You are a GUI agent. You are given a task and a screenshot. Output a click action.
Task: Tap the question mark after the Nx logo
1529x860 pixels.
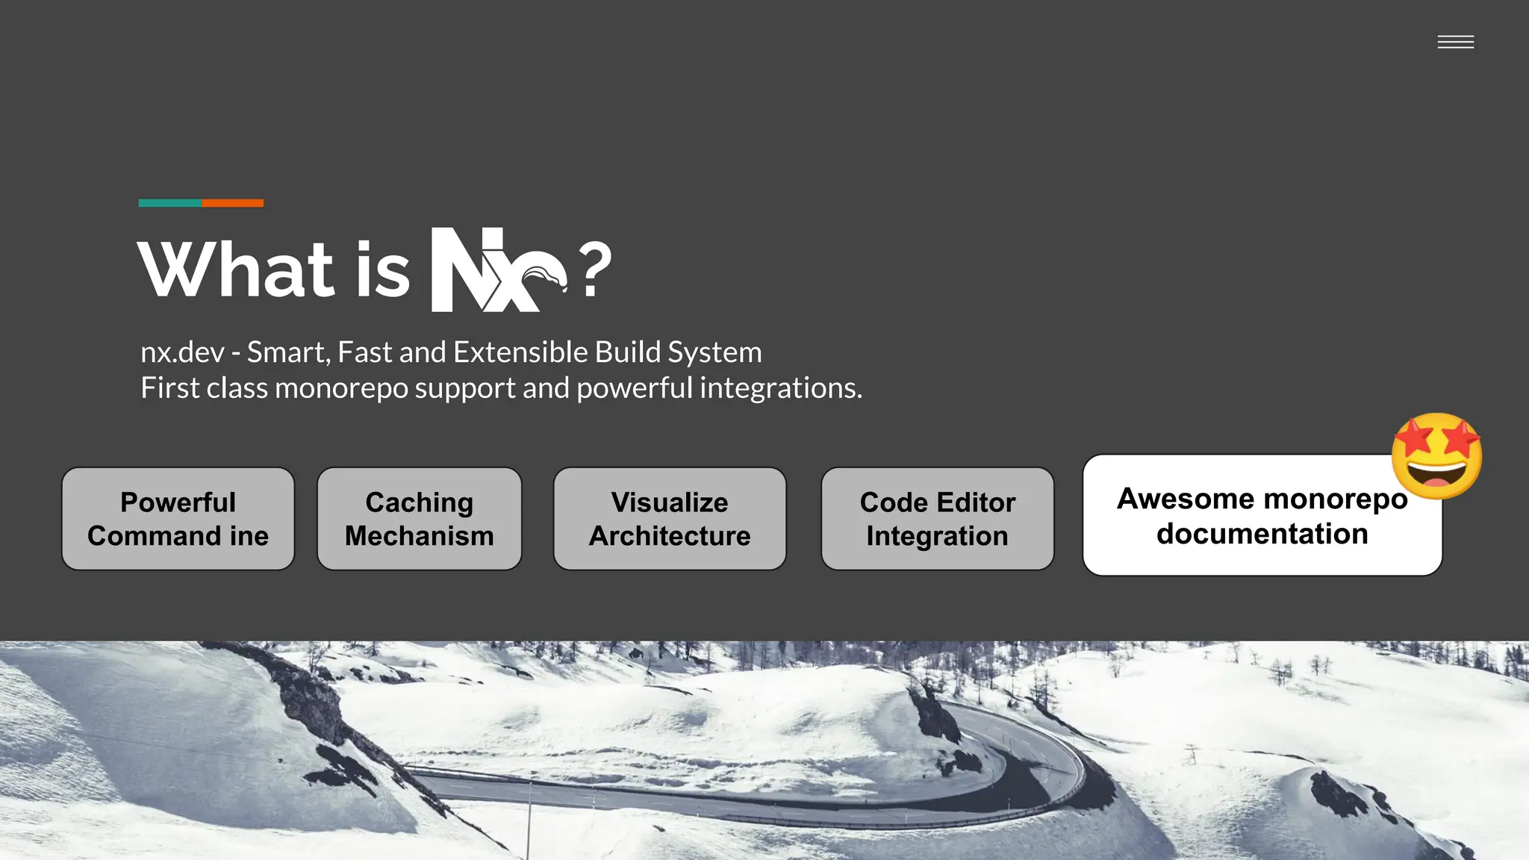pos(595,269)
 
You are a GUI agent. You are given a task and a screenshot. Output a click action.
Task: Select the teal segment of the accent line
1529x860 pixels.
pos(170,203)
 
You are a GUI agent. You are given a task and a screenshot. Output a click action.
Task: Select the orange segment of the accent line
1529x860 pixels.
pos(232,203)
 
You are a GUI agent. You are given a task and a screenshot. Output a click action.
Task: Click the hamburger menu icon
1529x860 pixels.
pos(1455,43)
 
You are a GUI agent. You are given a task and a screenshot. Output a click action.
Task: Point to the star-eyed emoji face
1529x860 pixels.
pos(1436,456)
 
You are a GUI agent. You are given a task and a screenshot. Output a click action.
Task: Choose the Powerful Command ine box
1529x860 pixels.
pos(178,519)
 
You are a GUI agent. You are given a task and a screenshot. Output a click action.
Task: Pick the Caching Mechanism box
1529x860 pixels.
pos(419,519)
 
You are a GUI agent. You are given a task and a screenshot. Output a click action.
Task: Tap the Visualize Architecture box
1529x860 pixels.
pos(670,519)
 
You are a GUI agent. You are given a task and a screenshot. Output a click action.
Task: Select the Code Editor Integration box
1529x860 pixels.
pos(937,519)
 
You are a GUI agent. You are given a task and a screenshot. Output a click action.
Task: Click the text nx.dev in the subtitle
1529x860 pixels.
pos(182,352)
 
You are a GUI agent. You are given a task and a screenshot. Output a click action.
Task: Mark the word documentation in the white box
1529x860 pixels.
pos(1262,534)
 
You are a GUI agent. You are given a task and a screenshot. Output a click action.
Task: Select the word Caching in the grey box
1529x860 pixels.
pos(419,502)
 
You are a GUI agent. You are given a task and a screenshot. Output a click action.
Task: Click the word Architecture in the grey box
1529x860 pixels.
pos(670,536)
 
